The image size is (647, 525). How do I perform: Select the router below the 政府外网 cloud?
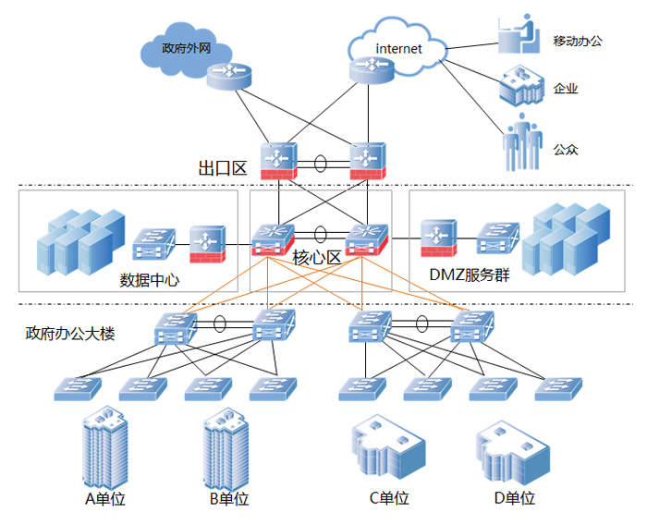click(x=228, y=74)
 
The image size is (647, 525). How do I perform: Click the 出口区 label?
click(x=223, y=168)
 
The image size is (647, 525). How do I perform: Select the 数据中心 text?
click(x=150, y=279)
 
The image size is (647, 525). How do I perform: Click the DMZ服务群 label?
click(x=469, y=274)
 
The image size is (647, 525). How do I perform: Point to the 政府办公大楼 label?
click(x=70, y=334)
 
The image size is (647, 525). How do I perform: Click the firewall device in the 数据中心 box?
click(x=207, y=241)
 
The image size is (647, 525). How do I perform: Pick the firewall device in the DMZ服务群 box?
click(x=437, y=238)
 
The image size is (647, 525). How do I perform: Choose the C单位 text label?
click(x=389, y=498)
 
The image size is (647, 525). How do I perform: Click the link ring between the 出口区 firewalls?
click(x=321, y=163)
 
